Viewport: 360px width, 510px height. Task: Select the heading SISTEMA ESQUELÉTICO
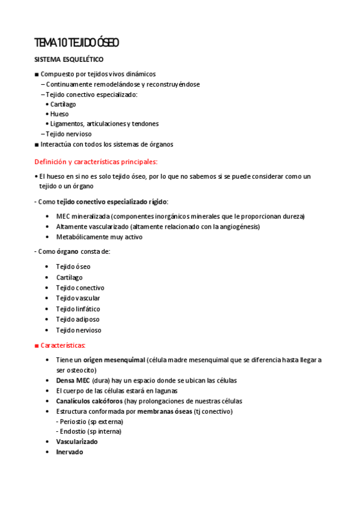(69, 60)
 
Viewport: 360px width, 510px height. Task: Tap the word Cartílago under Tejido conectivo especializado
(63, 104)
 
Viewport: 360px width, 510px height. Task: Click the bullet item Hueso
(59, 114)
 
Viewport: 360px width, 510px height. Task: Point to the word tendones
(145, 123)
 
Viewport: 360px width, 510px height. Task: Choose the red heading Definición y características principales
(96, 161)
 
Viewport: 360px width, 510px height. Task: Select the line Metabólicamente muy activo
(99, 236)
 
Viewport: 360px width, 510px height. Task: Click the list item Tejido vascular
(78, 298)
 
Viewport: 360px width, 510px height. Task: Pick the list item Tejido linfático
(78, 309)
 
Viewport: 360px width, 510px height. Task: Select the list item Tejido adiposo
(78, 319)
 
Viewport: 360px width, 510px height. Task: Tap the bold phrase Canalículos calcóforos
(90, 401)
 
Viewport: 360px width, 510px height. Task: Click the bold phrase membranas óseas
(165, 411)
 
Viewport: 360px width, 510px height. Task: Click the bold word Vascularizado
(77, 441)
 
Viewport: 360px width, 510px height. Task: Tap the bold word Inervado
(70, 452)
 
